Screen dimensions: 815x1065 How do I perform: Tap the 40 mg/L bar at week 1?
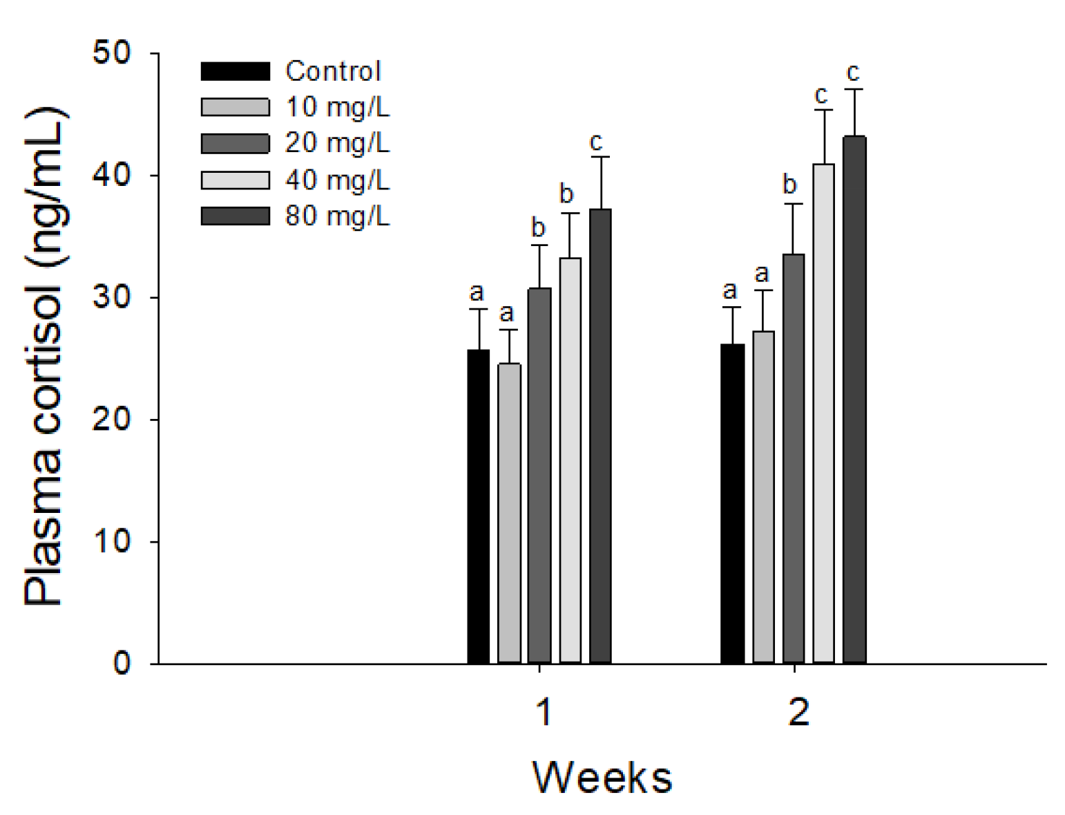(x=570, y=460)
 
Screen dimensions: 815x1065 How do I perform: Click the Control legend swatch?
(x=235, y=71)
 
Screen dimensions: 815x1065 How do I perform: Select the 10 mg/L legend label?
(x=337, y=107)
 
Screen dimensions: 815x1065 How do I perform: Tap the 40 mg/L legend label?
(x=337, y=180)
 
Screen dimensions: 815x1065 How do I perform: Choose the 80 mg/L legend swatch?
(x=235, y=216)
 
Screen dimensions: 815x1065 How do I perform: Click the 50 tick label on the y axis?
(x=112, y=53)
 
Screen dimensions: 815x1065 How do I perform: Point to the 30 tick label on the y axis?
(x=112, y=297)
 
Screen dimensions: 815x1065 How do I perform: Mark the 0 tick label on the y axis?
(x=122, y=664)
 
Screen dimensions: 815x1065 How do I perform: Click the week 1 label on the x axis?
(x=544, y=712)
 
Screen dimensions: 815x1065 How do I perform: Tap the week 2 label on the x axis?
(x=798, y=712)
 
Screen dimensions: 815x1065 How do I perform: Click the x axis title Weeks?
(x=602, y=777)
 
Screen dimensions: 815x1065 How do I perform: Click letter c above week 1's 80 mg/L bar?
(x=595, y=142)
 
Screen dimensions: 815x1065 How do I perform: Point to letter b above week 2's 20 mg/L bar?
(x=789, y=185)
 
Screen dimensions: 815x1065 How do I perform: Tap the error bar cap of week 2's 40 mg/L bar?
(x=823, y=110)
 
